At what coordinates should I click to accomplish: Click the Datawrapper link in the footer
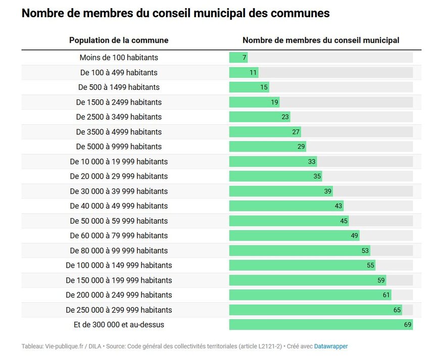point(331,346)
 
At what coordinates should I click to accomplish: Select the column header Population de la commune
point(119,40)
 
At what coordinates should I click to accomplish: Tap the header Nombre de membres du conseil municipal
point(321,40)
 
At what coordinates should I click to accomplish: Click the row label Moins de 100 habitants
point(119,58)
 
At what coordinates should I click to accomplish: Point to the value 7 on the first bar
point(244,58)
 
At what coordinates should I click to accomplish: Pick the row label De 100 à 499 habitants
point(119,72)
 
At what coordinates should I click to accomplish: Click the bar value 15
point(264,87)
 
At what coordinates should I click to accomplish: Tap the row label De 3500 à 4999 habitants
point(119,132)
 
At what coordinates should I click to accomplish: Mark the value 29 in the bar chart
point(301,146)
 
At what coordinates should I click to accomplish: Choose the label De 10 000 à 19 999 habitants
point(119,162)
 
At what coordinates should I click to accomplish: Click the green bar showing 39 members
point(280,191)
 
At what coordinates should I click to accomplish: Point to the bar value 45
point(344,221)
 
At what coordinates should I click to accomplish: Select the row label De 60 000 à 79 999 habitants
point(119,235)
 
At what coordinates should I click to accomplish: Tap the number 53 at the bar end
point(365,250)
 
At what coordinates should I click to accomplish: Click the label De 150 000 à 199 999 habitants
point(119,280)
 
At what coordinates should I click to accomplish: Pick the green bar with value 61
point(310,295)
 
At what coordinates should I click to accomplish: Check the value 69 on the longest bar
point(408,325)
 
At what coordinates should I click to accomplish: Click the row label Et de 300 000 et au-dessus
point(119,325)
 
